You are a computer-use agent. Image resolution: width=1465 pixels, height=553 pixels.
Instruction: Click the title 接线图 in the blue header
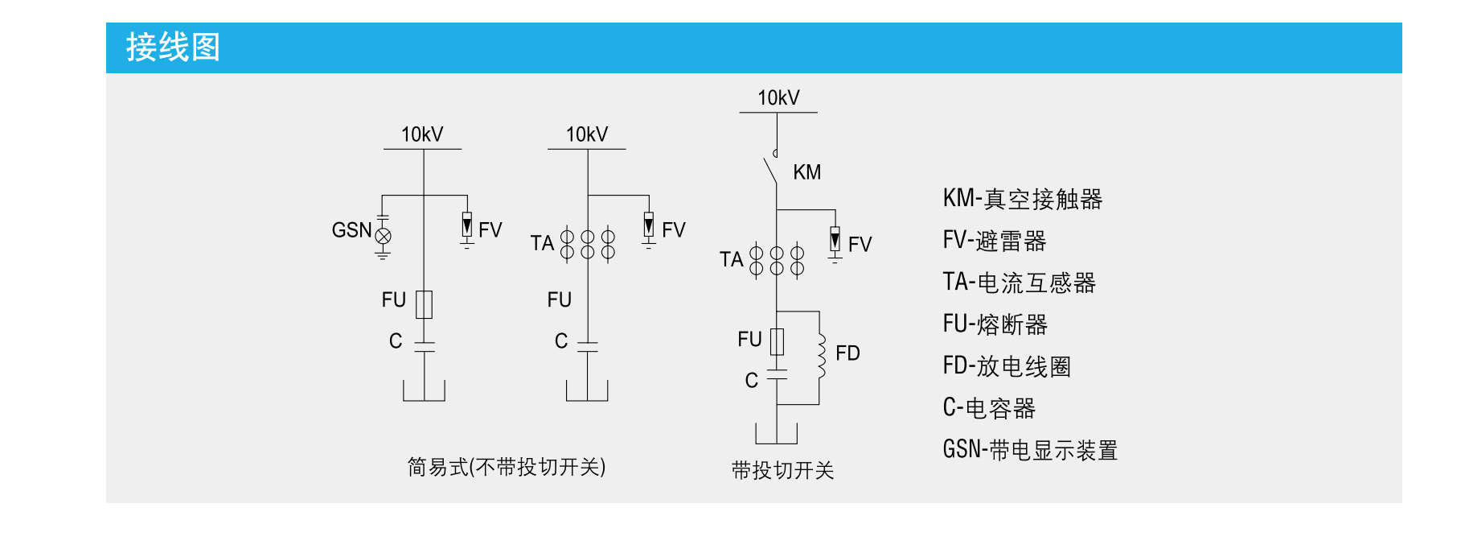(x=173, y=47)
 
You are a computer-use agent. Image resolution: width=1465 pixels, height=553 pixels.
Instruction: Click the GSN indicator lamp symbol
(x=384, y=236)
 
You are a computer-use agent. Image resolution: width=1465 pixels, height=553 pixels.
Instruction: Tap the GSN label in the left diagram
(x=351, y=230)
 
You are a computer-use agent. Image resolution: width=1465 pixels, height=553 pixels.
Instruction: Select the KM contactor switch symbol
(x=770, y=169)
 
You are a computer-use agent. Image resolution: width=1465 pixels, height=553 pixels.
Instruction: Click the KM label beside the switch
(x=806, y=172)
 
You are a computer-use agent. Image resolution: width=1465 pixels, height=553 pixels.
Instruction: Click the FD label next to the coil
(x=847, y=353)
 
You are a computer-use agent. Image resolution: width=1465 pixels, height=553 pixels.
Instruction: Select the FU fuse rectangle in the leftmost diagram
(x=424, y=304)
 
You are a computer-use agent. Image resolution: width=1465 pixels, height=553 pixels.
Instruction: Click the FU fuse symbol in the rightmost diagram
(x=777, y=341)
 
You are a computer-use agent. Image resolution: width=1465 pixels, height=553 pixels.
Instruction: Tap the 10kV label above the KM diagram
(x=778, y=98)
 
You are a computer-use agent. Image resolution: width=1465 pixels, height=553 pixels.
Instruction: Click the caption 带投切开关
(x=782, y=470)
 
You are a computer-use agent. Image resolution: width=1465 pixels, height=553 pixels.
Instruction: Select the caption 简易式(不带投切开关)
(x=506, y=467)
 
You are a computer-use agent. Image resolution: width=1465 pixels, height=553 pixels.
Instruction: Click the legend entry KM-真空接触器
(x=1022, y=199)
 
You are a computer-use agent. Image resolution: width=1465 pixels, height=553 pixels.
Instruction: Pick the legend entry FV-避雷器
(x=994, y=241)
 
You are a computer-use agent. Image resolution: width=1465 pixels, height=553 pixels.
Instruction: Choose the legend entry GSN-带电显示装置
(x=1030, y=450)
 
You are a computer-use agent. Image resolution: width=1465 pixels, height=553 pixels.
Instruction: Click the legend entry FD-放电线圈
(x=1007, y=366)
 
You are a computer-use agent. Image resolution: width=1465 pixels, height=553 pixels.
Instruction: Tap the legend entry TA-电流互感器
(x=1019, y=283)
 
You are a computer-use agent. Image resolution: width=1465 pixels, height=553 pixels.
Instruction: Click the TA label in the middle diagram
(x=542, y=243)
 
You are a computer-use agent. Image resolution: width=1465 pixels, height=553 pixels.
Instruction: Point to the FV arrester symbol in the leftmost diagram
(x=467, y=225)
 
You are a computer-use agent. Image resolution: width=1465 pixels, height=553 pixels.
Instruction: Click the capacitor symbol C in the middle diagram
(x=588, y=346)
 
